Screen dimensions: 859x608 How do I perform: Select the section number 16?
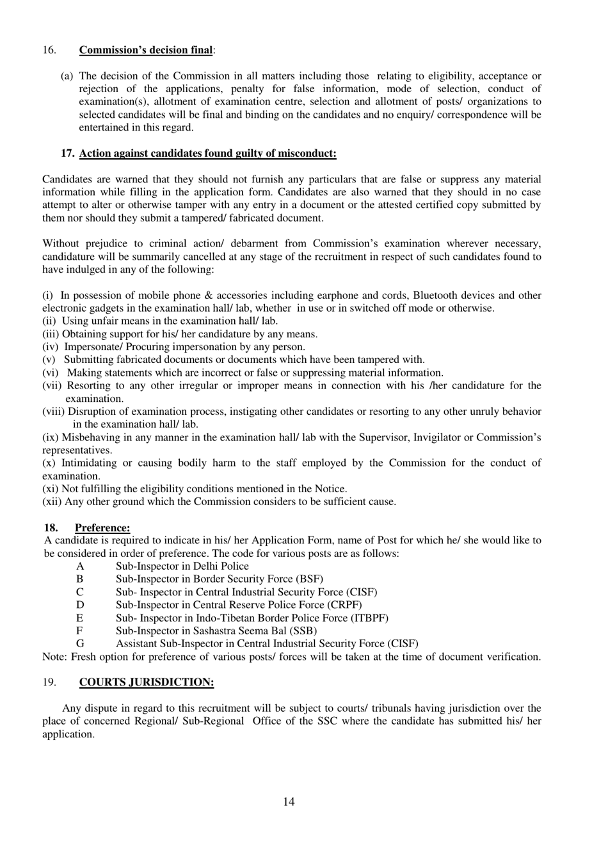[x=49, y=50]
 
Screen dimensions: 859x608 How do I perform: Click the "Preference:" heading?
[x=102, y=527]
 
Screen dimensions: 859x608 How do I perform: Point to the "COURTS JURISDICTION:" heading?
[x=147, y=682]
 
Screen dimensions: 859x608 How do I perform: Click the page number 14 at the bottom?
[x=289, y=801]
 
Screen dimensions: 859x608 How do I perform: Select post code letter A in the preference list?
[x=80, y=566]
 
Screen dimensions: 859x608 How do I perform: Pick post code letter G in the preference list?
[x=80, y=643]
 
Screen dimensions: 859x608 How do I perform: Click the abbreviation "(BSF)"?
[x=310, y=579]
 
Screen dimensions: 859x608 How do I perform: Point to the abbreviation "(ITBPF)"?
[x=370, y=618]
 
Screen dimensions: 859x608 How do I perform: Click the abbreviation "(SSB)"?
[x=303, y=630]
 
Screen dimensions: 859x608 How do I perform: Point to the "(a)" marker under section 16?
[x=67, y=76]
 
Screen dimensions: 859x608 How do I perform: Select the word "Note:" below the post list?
[x=55, y=657]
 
